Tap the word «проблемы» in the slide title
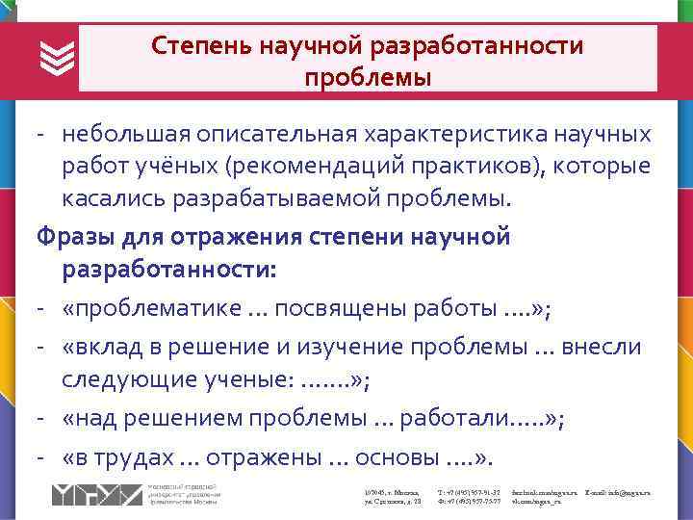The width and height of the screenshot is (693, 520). (367, 75)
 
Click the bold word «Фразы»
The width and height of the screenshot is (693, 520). (68, 236)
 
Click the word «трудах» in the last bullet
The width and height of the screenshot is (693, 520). (136, 457)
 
